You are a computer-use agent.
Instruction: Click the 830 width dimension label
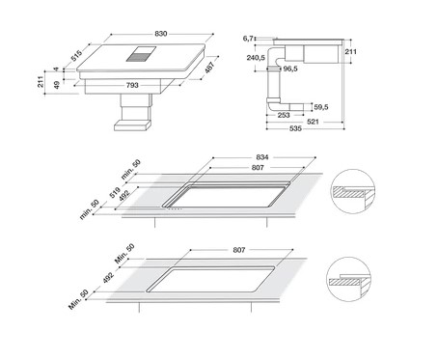161,34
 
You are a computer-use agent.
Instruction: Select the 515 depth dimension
77,56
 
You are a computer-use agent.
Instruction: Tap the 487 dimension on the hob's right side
209,68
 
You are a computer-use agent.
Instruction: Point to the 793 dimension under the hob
132,85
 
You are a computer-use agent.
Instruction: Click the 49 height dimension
57,85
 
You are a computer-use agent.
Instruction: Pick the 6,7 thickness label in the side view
248,39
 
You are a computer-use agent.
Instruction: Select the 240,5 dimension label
256,58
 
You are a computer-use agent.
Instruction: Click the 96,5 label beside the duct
290,69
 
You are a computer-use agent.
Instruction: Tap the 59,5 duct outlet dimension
321,107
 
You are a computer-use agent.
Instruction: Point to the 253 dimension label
284,115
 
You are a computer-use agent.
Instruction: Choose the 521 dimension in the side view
313,122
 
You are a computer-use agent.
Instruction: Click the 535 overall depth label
295,128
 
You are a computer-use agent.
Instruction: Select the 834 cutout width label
262,157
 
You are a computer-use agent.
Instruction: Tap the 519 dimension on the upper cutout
115,192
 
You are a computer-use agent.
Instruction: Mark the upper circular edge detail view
354,191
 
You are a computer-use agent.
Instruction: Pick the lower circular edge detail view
349,279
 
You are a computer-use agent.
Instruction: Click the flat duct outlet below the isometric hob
132,125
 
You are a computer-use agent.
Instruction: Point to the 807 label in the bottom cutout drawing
239,250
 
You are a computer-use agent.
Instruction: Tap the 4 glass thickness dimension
57,69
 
